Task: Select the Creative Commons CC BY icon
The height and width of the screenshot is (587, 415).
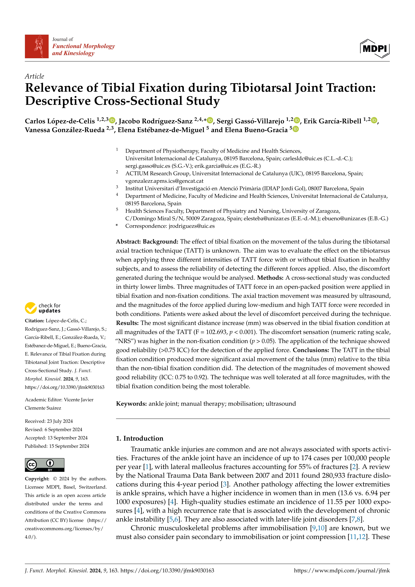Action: (45, 465)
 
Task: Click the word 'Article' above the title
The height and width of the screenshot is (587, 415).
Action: (34, 76)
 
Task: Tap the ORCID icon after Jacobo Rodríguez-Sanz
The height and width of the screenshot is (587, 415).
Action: (210, 120)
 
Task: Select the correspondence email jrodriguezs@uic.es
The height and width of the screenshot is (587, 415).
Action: (192, 226)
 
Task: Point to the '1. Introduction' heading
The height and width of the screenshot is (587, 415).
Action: (140, 438)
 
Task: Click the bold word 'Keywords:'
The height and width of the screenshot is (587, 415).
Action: (131, 404)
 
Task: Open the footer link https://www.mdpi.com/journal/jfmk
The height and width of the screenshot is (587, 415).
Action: (342, 570)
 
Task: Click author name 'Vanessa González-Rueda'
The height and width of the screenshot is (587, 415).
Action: (65, 130)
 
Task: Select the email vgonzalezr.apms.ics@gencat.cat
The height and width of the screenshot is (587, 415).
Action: (164, 181)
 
